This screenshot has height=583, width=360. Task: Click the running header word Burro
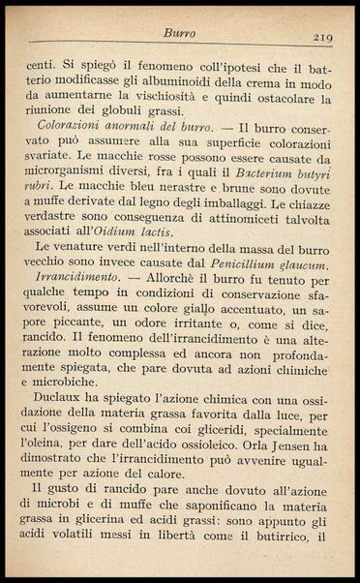[180, 34]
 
